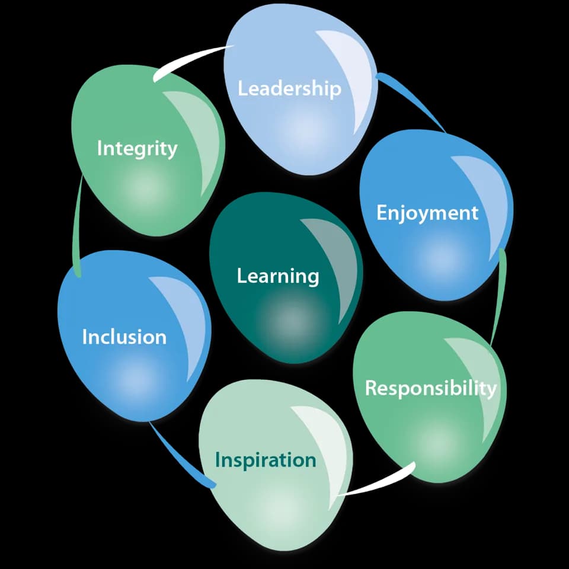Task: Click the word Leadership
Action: pos(289,88)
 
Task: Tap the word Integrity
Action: pos(137,149)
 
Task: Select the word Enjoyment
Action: pos(427,213)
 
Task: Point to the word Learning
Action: pos(278,277)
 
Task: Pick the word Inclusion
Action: pos(124,337)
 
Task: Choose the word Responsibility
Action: pos(431,388)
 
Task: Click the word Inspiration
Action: pos(266,460)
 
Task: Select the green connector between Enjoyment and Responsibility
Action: pos(499,296)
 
